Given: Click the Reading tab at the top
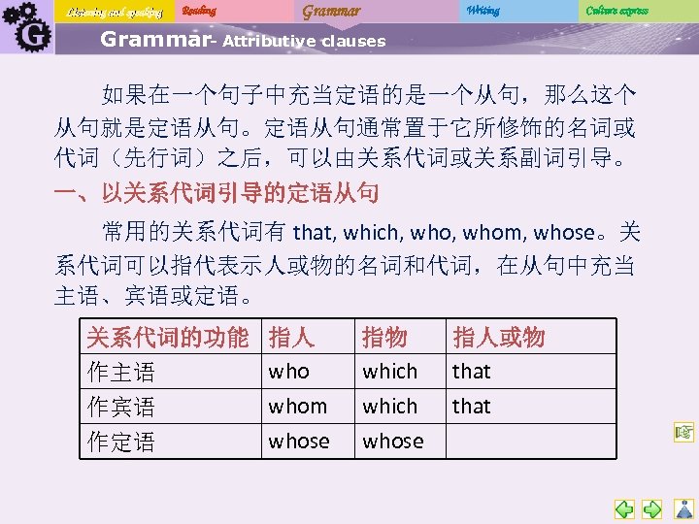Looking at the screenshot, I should [x=199, y=11].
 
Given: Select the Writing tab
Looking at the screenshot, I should [x=483, y=11].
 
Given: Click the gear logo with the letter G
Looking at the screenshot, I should [x=25, y=28].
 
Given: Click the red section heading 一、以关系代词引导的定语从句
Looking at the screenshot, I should [x=216, y=192].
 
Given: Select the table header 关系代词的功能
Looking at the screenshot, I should [x=168, y=337].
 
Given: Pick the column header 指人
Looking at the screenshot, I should [x=291, y=337].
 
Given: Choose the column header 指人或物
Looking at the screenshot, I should [x=499, y=337].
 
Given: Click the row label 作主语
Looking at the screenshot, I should [x=121, y=372].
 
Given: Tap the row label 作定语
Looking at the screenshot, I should [x=121, y=442].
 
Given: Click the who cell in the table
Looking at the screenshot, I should [x=288, y=372].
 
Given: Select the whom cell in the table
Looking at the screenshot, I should [x=297, y=407].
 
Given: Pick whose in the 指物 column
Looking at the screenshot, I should [x=392, y=442].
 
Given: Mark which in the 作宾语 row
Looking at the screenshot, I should [x=389, y=407].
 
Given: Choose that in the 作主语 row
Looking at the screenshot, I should [x=472, y=372].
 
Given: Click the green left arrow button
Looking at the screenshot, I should [x=624, y=508].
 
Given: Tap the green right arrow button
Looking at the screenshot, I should [x=652, y=508].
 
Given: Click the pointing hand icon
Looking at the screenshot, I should [x=682, y=431].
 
